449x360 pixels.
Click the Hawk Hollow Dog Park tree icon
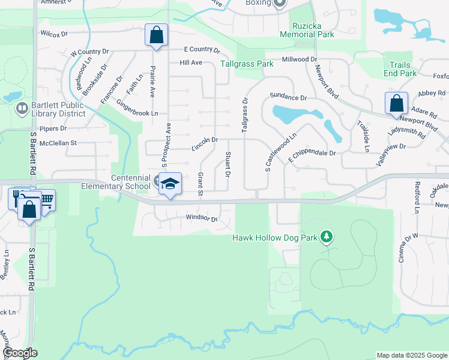[326, 238]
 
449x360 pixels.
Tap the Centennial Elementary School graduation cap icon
[170, 184]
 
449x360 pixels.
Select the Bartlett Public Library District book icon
[22, 108]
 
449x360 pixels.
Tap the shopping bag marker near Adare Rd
[396, 103]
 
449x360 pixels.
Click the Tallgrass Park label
[247, 63]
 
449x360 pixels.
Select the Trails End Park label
[400, 69]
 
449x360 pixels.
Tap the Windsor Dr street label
[201, 218]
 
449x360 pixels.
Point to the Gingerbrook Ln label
[137, 112]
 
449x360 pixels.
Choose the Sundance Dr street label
[288, 97]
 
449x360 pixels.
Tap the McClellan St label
[58, 143]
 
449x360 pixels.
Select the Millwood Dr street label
[299, 59]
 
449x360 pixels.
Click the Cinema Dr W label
[408, 247]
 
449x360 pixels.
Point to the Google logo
[20, 353]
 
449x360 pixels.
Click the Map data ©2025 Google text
[411, 355]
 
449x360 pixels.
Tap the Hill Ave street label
[190, 62]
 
